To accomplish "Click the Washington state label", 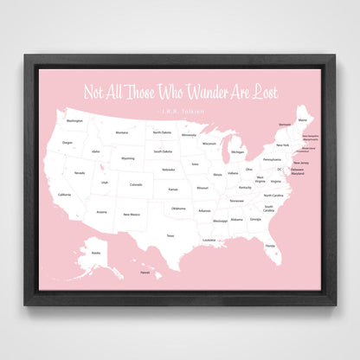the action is point(74,120).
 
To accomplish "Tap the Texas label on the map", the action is point(170,235).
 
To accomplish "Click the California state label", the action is point(64,195).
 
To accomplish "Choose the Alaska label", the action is point(95,252).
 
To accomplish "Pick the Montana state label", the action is point(122,132).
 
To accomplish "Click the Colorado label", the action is point(135,184).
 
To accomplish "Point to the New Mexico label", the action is point(131,214).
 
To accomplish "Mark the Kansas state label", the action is point(173,189).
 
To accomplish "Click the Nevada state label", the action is point(79,173).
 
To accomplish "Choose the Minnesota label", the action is point(188,135).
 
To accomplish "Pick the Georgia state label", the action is point(255,219).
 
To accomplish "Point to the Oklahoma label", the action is point(177,209).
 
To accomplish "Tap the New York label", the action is point(282,145).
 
